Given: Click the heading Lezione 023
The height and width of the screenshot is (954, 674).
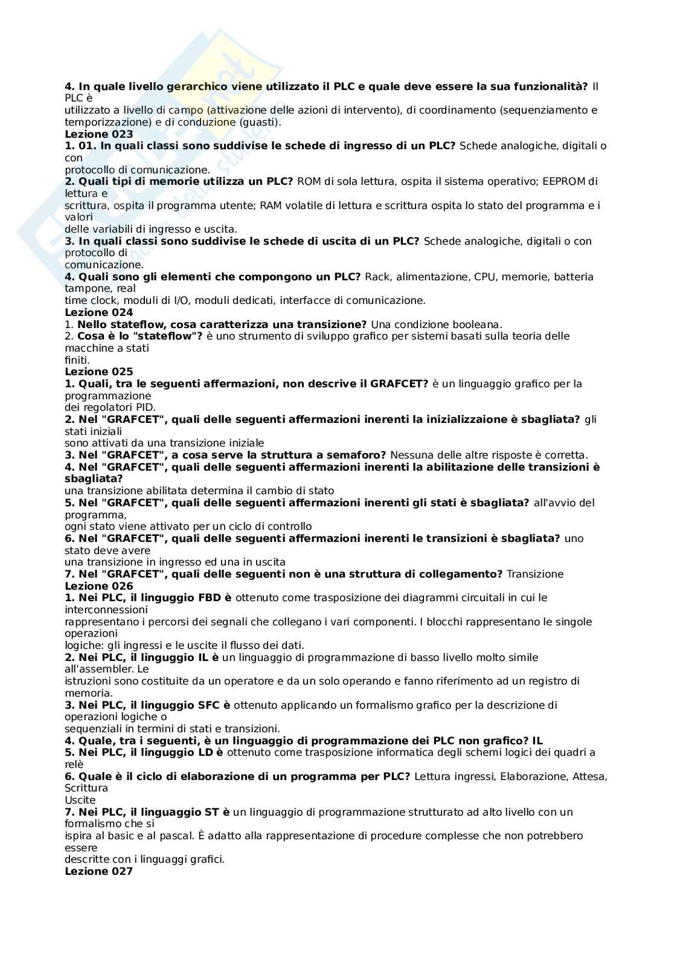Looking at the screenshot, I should point(98,134).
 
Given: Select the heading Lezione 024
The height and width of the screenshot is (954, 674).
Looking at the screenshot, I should point(98,312).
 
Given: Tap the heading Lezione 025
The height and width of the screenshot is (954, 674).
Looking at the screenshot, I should point(98,372).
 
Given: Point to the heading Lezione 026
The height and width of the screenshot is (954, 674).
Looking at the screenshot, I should point(98,586).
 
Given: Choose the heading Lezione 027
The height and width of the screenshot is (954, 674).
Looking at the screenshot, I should point(98,871).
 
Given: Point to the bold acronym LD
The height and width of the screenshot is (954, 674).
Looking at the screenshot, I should point(206,752).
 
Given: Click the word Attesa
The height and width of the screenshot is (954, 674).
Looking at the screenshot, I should point(589,776).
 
